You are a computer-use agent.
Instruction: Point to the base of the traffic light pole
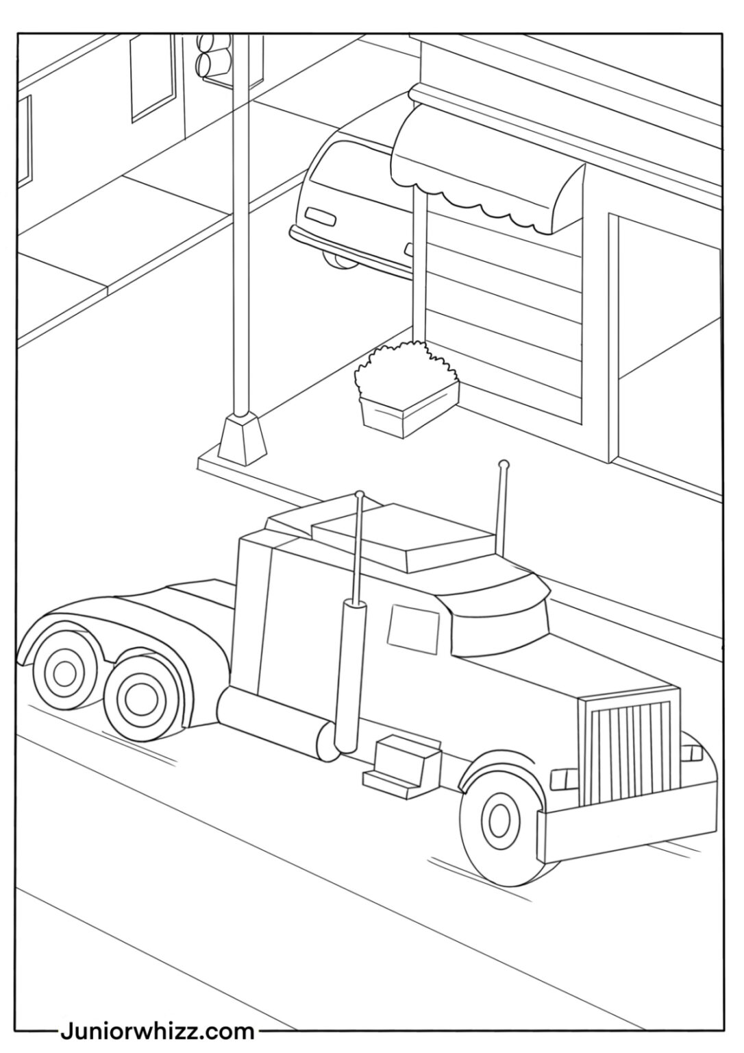click(243, 437)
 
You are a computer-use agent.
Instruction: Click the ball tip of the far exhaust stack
click(504, 464)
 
